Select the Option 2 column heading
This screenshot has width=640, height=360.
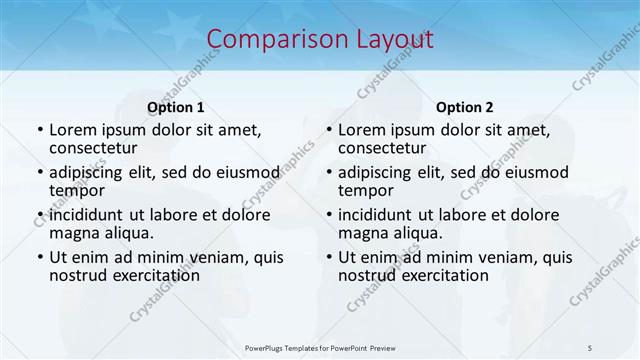[464, 107]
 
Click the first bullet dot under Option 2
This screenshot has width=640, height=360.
[328, 131]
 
